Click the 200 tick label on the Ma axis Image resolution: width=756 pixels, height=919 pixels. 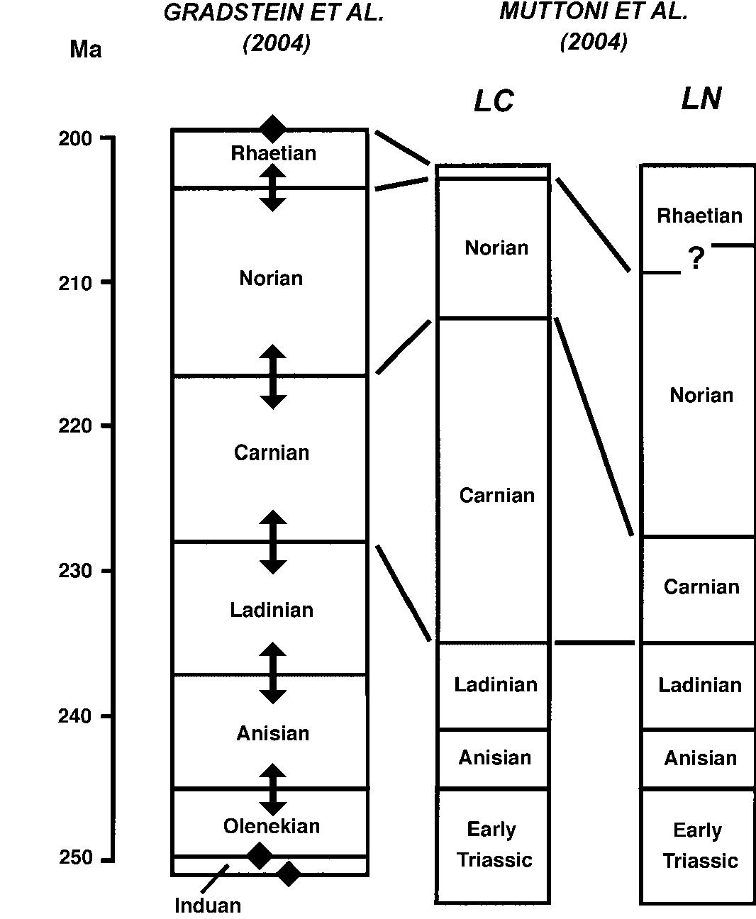click(75, 138)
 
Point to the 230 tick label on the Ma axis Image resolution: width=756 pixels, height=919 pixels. click(75, 571)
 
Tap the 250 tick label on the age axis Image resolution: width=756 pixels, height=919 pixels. click(75, 858)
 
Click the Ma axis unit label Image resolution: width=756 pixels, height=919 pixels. click(85, 50)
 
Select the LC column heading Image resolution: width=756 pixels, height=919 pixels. click(494, 101)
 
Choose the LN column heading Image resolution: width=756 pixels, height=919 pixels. click(701, 98)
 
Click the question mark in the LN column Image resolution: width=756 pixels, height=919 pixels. click(696, 259)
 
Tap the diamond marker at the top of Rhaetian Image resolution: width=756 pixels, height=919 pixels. click(273, 129)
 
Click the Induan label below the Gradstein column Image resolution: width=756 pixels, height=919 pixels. click(208, 906)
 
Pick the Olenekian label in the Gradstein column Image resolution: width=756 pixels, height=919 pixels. click(272, 826)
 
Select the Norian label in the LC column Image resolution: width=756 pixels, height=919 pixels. click(496, 247)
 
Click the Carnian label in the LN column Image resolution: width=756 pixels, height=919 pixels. click(701, 586)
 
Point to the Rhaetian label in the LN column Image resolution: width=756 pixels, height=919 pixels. click(699, 216)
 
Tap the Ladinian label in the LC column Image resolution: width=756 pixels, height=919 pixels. click(496, 684)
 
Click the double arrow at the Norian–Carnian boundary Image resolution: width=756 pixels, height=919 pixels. click(273, 377)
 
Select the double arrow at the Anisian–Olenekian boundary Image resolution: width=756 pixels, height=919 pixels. click(273, 789)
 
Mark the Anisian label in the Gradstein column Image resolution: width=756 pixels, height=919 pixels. click(272, 733)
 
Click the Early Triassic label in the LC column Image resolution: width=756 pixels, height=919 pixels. click(494, 845)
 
